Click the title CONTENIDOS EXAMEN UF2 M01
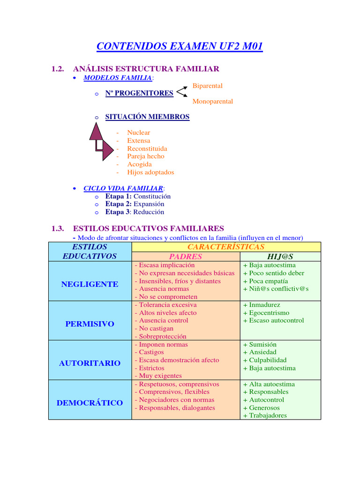180,46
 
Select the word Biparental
207,86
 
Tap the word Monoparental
212,101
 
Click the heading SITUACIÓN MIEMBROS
147,117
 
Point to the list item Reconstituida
147,149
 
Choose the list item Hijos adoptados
150,172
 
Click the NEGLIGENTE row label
90,285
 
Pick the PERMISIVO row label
90,324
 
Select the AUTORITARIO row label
90,363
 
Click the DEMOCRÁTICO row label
90,403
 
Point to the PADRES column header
186,257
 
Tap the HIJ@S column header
280,257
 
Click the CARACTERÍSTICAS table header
226,247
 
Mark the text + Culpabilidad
264,360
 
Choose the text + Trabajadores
264,415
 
